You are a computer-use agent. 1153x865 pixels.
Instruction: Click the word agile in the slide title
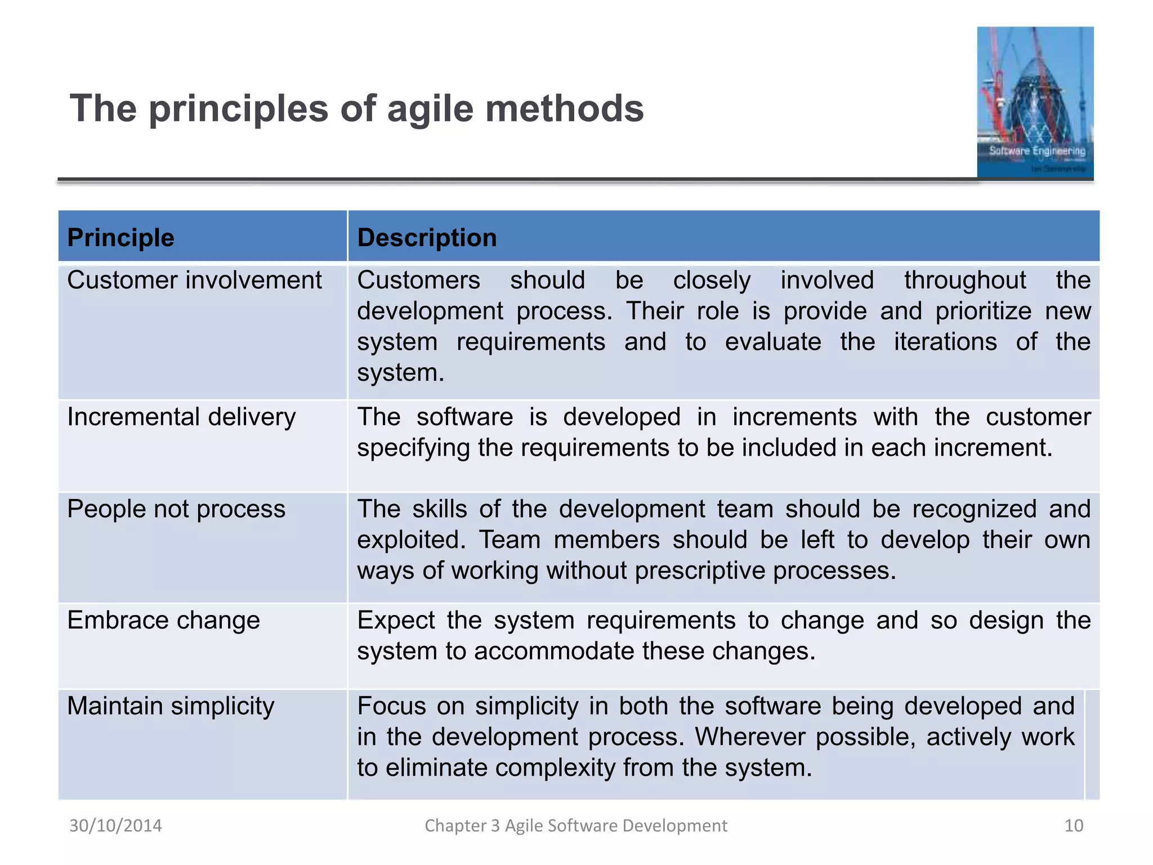click(430, 109)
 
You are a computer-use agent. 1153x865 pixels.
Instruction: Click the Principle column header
click(120, 237)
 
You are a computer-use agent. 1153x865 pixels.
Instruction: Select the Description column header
click(427, 237)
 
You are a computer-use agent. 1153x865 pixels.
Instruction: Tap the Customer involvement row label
click(194, 280)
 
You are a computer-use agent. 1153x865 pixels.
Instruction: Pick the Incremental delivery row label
click(181, 417)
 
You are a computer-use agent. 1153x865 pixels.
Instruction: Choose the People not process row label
click(176, 509)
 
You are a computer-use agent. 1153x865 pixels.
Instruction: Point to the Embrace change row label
click(163, 621)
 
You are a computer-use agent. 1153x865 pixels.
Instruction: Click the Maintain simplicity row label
click(171, 706)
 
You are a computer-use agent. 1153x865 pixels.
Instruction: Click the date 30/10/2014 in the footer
click(115, 826)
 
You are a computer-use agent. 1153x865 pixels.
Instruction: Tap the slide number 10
click(1073, 826)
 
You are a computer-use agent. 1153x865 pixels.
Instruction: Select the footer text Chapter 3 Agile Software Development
click(575, 826)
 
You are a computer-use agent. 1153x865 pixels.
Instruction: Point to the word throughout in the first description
click(965, 280)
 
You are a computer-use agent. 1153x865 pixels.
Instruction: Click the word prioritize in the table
click(983, 311)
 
